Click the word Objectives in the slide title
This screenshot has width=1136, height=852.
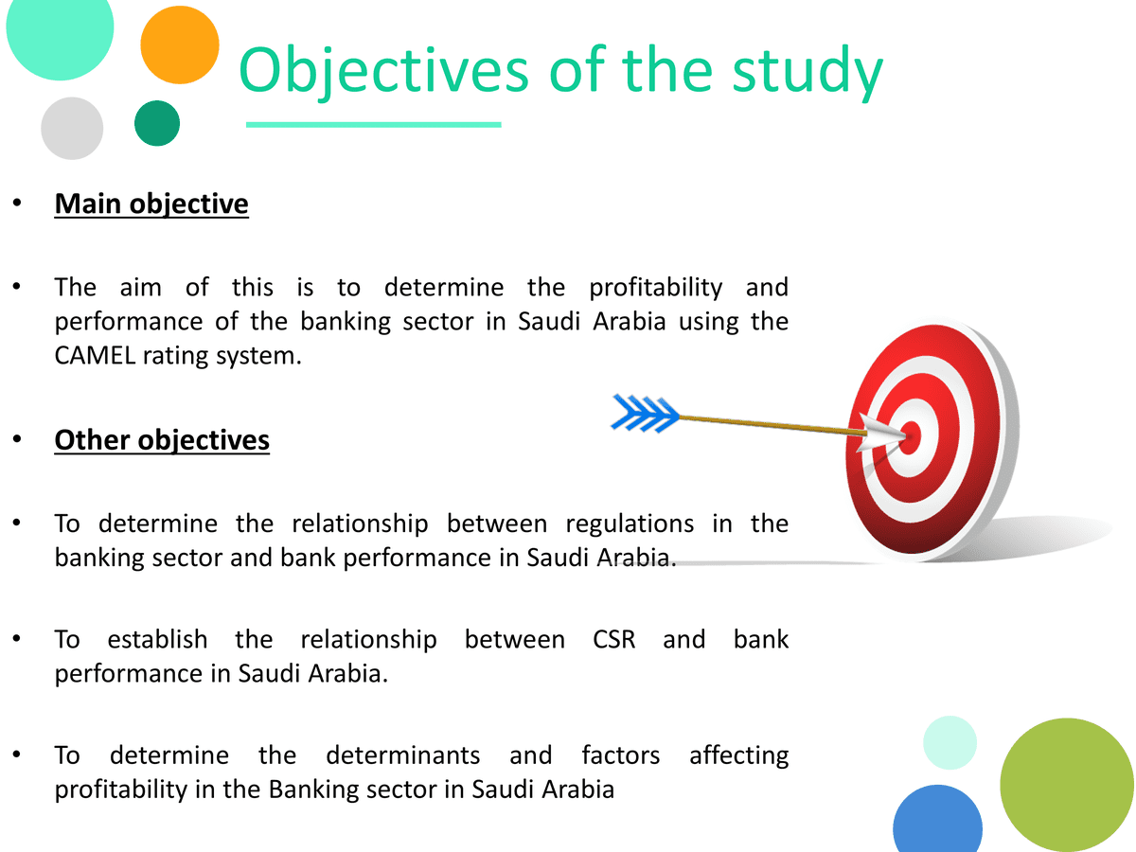click(383, 70)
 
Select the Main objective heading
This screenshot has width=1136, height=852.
click(151, 204)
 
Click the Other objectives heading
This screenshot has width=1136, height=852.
click(162, 440)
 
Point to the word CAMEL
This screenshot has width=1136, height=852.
click(106, 357)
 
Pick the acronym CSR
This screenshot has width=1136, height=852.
click(613, 640)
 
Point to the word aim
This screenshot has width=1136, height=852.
click(141, 287)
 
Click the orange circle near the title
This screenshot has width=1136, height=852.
click(180, 45)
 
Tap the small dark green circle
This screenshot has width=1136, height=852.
click(157, 123)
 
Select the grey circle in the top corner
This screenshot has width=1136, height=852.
click(72, 128)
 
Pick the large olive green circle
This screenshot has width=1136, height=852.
click(1067, 785)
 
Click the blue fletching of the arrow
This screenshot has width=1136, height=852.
click(645, 414)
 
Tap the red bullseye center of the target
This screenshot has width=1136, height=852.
click(910, 437)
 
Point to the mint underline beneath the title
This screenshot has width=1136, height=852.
click(373, 124)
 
